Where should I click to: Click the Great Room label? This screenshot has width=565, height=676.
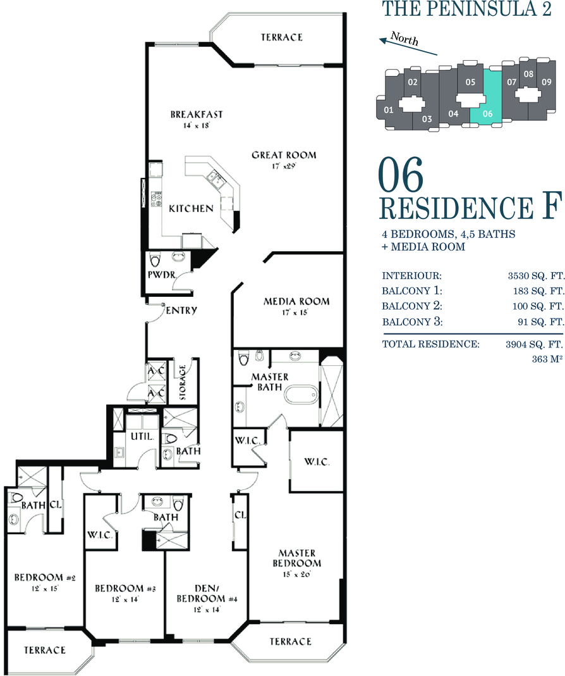pyautogui.click(x=284, y=155)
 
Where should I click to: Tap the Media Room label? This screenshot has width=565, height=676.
pyautogui.click(x=296, y=301)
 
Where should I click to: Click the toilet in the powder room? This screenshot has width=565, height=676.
pyautogui.click(x=154, y=260)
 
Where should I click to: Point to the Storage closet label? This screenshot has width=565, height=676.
pyautogui.click(x=183, y=382)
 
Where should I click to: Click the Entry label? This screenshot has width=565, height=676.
pyautogui.click(x=181, y=310)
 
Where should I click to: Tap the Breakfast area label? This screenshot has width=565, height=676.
pyautogui.click(x=197, y=114)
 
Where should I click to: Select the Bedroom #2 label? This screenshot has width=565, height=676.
pyautogui.click(x=45, y=577)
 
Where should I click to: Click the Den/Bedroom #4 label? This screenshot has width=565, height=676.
pyautogui.click(x=207, y=593)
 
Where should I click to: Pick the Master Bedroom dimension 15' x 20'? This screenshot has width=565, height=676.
pyautogui.click(x=297, y=574)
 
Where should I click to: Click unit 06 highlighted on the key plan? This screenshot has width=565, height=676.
pyautogui.click(x=487, y=98)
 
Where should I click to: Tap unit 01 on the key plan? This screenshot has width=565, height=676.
pyautogui.click(x=389, y=110)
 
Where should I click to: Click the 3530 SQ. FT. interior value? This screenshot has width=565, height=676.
pyautogui.click(x=536, y=276)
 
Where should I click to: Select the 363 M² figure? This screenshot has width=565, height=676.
pyautogui.click(x=547, y=359)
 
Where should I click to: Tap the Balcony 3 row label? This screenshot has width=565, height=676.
pyautogui.click(x=412, y=322)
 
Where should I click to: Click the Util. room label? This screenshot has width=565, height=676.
pyautogui.click(x=142, y=436)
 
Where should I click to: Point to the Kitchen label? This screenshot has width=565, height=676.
pyautogui.click(x=191, y=209)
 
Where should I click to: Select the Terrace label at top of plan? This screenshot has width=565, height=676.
pyautogui.click(x=282, y=37)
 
